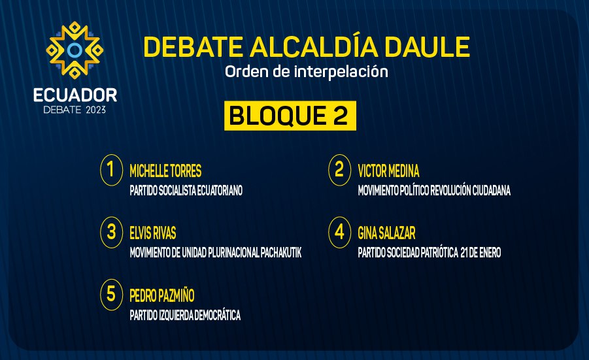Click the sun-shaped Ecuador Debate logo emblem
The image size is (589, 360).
pyautogui.click(x=75, y=50)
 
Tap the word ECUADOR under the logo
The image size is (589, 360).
pyautogui.click(x=75, y=95)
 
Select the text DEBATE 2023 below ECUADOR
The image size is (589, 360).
pyautogui.click(x=75, y=110)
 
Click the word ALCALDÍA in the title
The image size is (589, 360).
pyautogui.click(x=314, y=46)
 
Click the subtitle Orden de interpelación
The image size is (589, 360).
pyautogui.click(x=307, y=71)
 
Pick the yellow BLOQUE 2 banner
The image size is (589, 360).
pyautogui.click(x=290, y=116)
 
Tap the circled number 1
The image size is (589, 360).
pyautogui.click(x=112, y=170)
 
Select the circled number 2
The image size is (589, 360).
pyautogui.click(x=339, y=170)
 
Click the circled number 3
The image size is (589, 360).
pyautogui.click(x=112, y=233)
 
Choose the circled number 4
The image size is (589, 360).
pyautogui.click(x=339, y=233)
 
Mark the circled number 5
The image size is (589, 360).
pyautogui.click(x=112, y=295)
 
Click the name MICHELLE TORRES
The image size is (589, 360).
pyautogui.click(x=165, y=171)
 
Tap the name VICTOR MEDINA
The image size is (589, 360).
pyautogui.click(x=388, y=171)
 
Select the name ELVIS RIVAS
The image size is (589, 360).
pyautogui.click(x=153, y=233)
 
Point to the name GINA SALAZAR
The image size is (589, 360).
pyautogui.click(x=386, y=233)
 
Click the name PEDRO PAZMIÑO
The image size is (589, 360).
pyautogui.click(x=162, y=295)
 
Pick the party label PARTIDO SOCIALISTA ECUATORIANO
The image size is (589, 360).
pyautogui.click(x=186, y=191)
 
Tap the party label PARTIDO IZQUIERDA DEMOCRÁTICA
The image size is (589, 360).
pyautogui.click(x=185, y=315)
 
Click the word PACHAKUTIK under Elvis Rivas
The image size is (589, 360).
pyautogui.click(x=281, y=253)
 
